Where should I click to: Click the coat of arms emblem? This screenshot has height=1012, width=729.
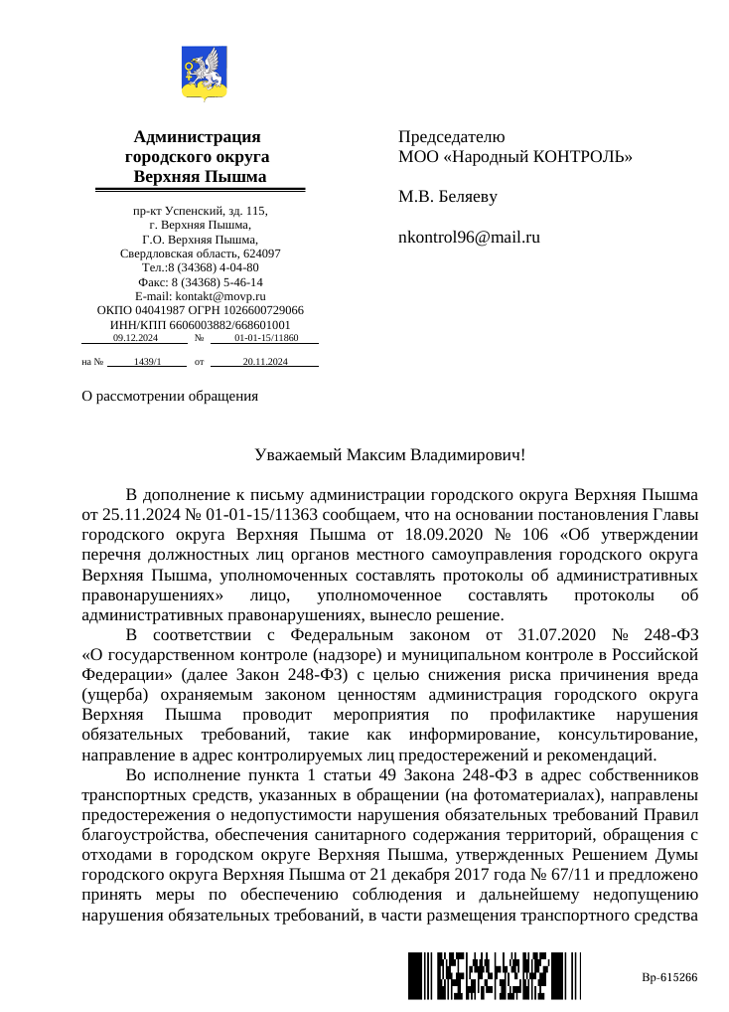[x=206, y=75]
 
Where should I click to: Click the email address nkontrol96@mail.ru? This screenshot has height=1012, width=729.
[x=469, y=238]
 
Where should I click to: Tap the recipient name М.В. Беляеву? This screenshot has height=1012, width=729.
[x=448, y=197]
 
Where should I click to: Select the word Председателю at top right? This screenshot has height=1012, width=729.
[x=452, y=137]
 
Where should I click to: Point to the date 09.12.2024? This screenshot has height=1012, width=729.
[x=135, y=338]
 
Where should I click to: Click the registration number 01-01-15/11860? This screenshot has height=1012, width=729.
[x=266, y=338]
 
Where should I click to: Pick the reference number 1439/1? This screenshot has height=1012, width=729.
[x=147, y=362]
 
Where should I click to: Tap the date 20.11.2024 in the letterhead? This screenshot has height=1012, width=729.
[x=265, y=362]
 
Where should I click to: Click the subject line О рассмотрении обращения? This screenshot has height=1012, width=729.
[x=170, y=396]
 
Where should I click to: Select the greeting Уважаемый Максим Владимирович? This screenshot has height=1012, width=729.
[x=389, y=455]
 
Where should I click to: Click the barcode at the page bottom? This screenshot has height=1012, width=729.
[x=478, y=975]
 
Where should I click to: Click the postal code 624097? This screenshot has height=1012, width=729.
[x=263, y=253]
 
